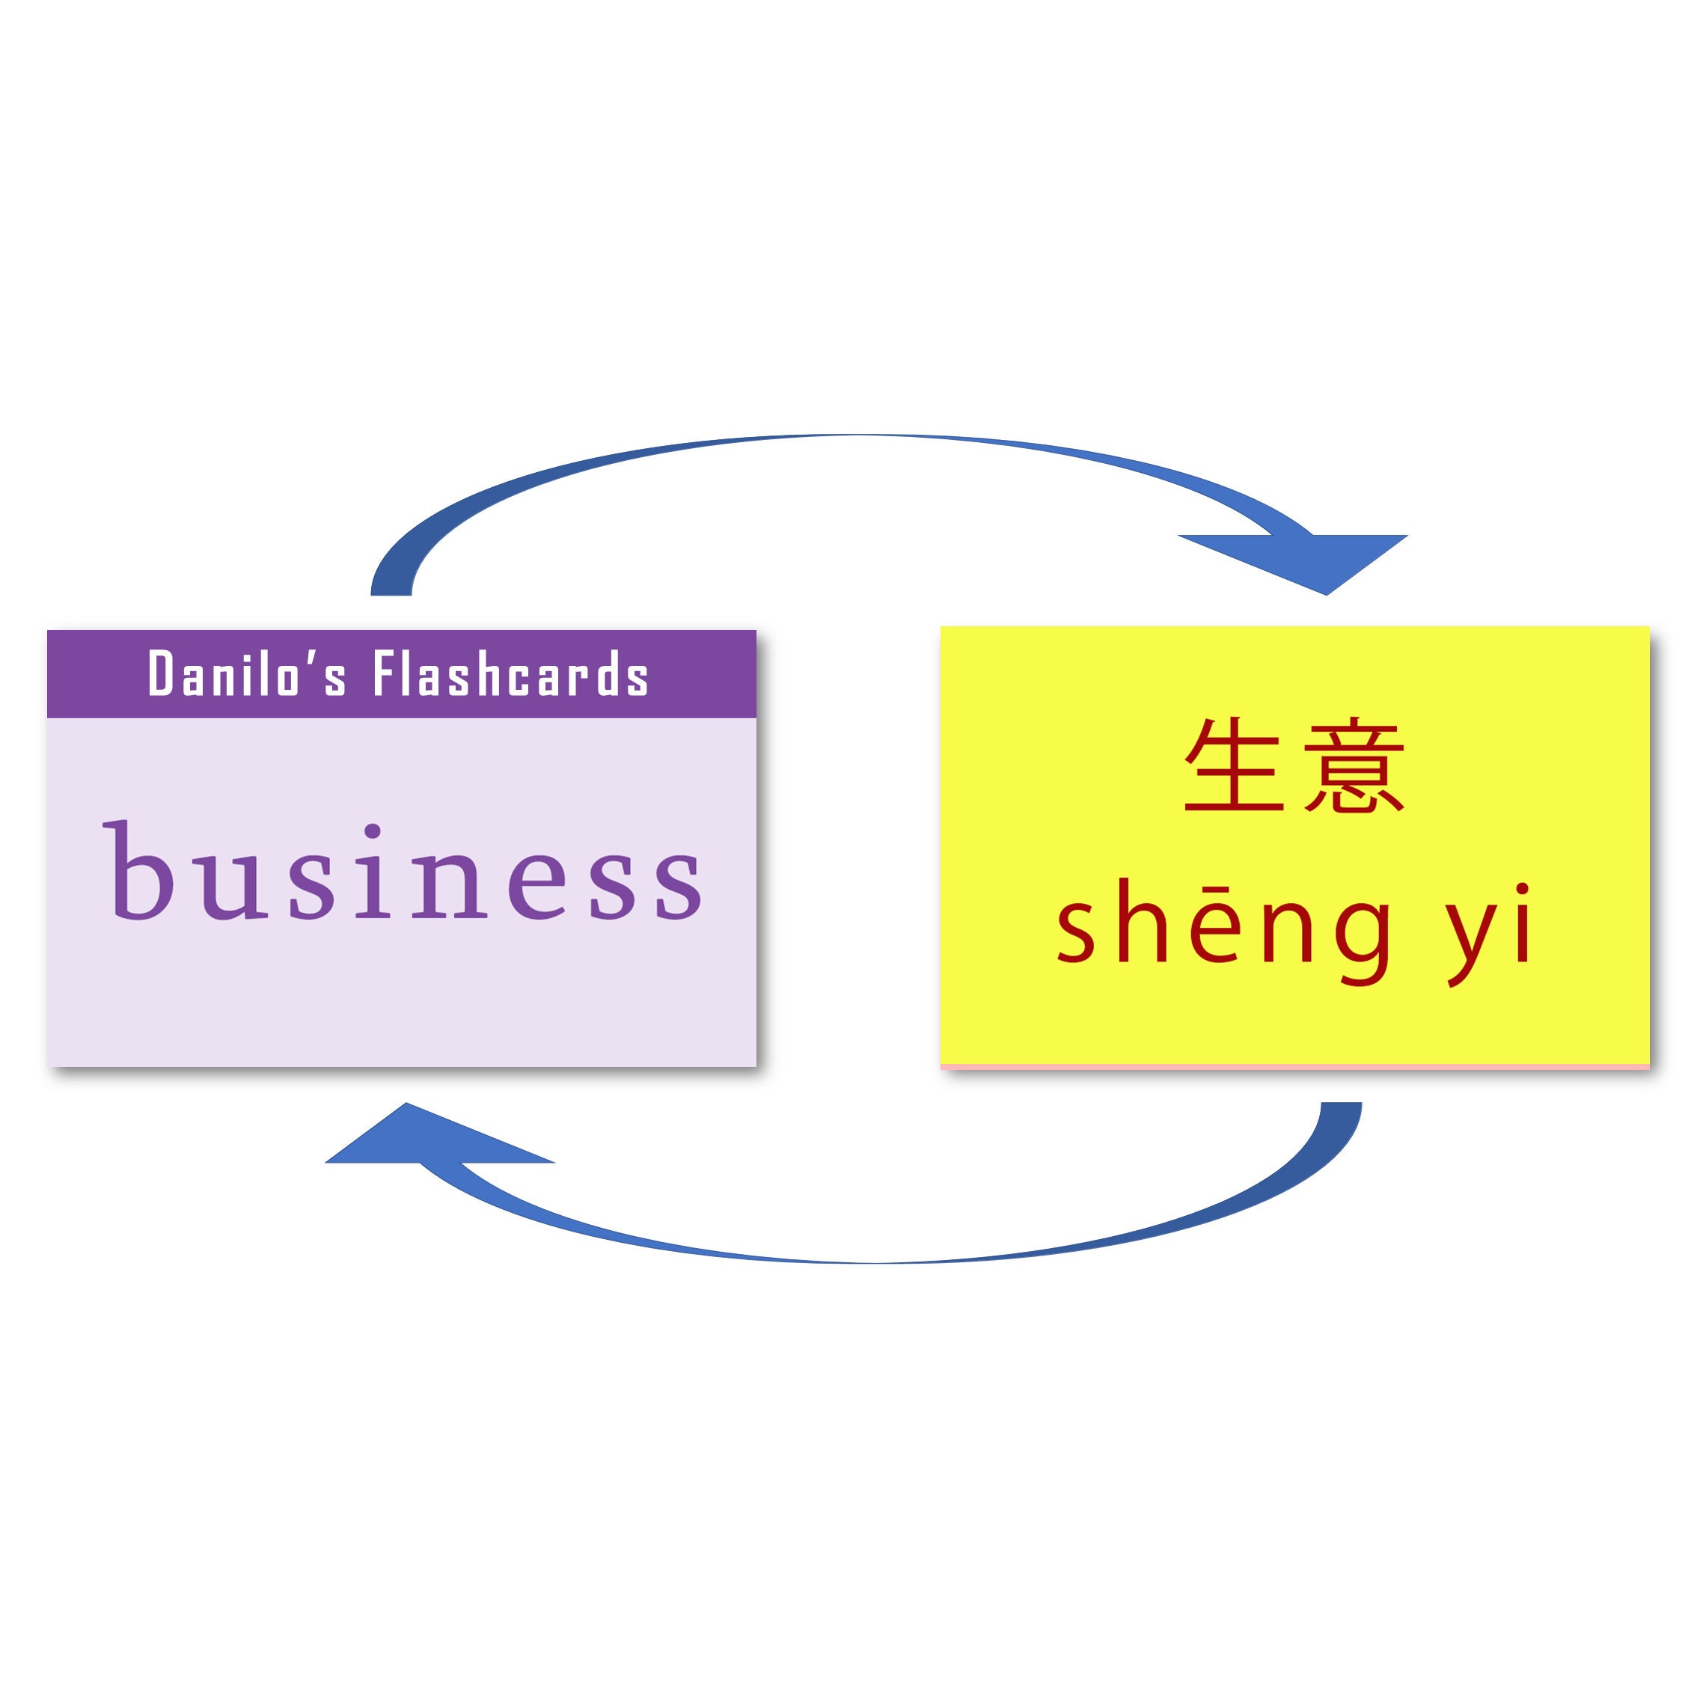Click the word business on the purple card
point(403,872)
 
